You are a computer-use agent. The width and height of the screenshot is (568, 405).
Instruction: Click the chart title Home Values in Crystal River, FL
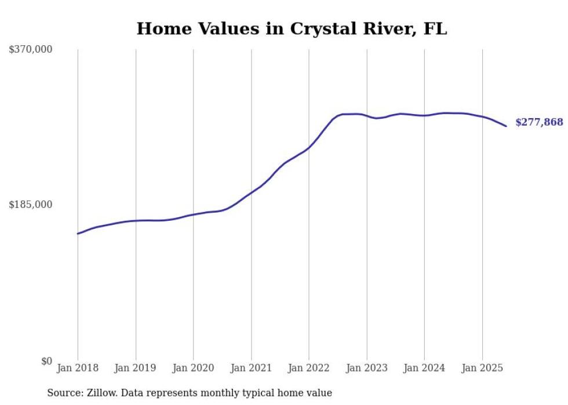pos(292,29)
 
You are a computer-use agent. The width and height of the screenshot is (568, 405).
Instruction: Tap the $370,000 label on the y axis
pos(31,50)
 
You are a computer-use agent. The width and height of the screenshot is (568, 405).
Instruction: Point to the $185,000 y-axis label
pos(31,205)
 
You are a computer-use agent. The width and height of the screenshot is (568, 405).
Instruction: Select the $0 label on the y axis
pos(46,361)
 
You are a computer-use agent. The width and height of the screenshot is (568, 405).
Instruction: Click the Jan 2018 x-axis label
pos(78,368)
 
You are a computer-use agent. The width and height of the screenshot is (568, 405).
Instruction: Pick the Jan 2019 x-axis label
pos(136,368)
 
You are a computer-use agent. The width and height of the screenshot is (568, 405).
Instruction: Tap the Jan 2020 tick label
pos(193,368)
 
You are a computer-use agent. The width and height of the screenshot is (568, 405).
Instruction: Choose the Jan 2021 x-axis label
pos(251,368)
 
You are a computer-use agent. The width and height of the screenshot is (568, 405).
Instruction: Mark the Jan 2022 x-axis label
pos(309,368)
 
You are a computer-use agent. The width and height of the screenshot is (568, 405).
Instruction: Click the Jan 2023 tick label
pos(366,368)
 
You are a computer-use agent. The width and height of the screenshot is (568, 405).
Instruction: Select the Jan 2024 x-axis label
pos(424,368)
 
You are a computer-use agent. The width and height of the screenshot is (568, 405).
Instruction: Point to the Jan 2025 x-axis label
pos(482,368)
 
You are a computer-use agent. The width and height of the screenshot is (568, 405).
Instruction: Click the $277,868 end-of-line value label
pos(539,122)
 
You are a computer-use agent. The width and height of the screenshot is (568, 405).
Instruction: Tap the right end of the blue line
pos(506,126)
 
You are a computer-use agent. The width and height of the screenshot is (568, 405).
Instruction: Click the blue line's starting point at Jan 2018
pos(78,233)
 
